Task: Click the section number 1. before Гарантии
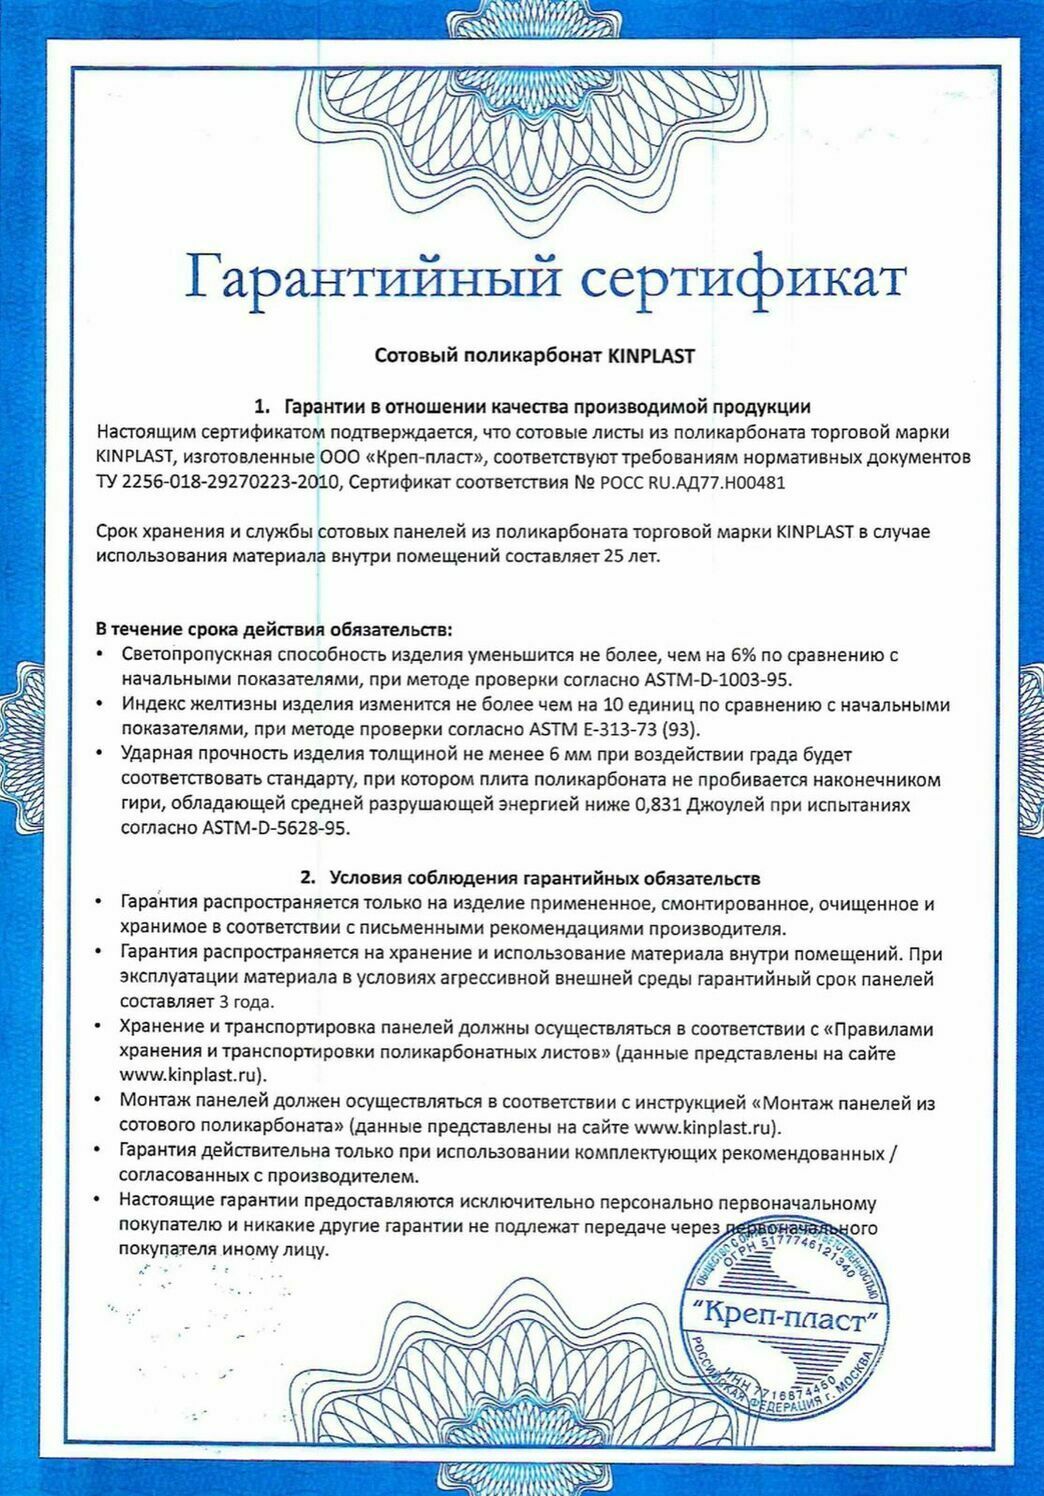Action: (263, 407)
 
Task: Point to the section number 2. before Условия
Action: (309, 878)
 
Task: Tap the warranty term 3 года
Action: (245, 1001)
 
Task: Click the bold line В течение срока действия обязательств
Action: (273, 630)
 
